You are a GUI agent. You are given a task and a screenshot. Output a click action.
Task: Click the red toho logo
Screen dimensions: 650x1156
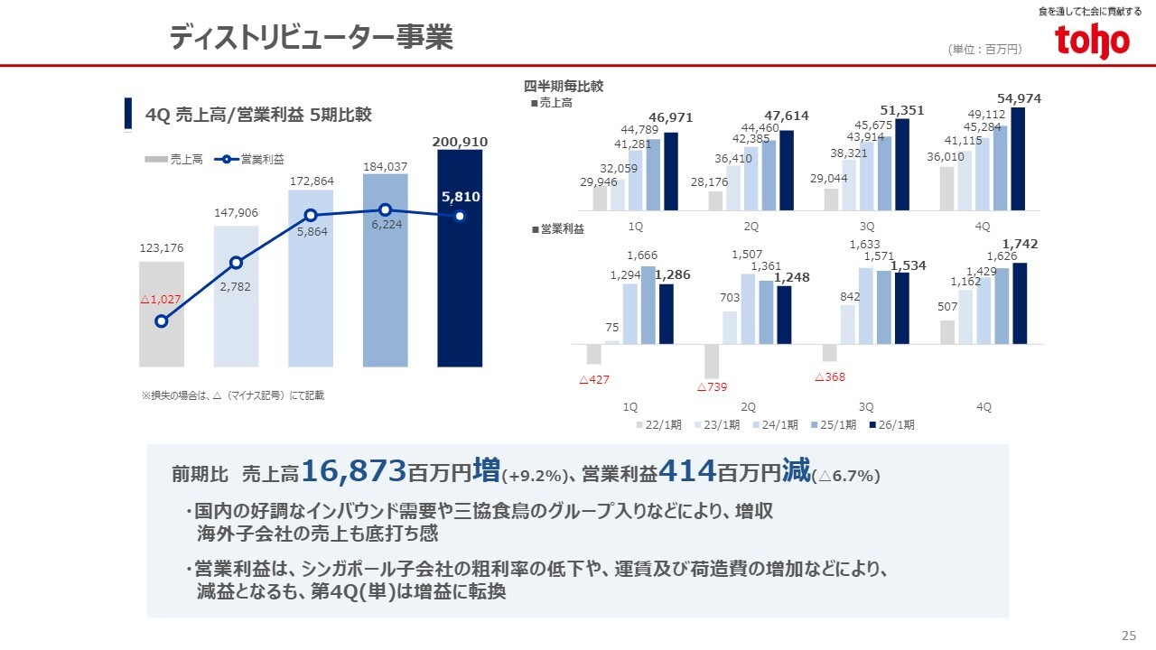tap(1092, 42)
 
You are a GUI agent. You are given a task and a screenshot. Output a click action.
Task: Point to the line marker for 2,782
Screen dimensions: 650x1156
tap(236, 263)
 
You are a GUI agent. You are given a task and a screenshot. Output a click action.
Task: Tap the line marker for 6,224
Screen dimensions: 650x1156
tap(385, 209)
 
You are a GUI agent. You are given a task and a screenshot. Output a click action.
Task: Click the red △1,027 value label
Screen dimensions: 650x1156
tap(162, 299)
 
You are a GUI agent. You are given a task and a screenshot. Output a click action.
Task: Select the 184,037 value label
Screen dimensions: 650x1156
tap(385, 166)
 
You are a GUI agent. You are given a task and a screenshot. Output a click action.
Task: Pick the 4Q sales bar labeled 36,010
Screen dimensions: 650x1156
tap(947, 188)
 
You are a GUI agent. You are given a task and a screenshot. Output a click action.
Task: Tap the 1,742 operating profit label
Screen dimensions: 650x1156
tap(1021, 244)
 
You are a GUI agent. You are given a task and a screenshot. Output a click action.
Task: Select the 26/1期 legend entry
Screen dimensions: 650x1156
tap(891, 424)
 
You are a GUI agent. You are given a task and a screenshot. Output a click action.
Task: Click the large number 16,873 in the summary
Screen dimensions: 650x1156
tap(354, 470)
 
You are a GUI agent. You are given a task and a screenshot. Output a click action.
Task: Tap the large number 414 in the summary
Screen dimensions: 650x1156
tap(687, 470)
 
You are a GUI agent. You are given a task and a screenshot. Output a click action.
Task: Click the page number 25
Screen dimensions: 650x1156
tap(1128, 634)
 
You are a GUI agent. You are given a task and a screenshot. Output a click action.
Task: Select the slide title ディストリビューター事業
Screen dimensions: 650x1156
tap(311, 38)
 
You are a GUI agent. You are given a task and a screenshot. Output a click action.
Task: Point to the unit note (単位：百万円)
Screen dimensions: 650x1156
tap(985, 50)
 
